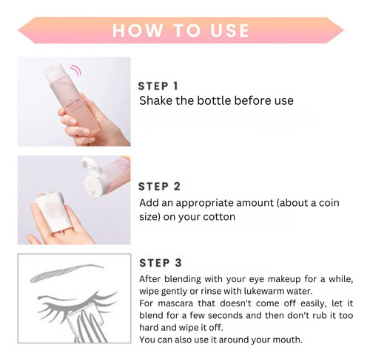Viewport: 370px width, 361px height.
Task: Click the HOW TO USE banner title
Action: [181, 30]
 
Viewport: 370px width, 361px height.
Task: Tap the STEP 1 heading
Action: [158, 86]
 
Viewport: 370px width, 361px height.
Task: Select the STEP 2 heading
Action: [159, 187]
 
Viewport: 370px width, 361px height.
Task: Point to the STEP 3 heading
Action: [161, 263]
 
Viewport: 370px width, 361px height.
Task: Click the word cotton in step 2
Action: [219, 217]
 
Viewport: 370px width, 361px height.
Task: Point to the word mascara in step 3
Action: [175, 303]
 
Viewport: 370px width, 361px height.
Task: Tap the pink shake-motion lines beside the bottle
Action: [75, 71]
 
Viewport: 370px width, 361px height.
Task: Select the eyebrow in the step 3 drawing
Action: [67, 272]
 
